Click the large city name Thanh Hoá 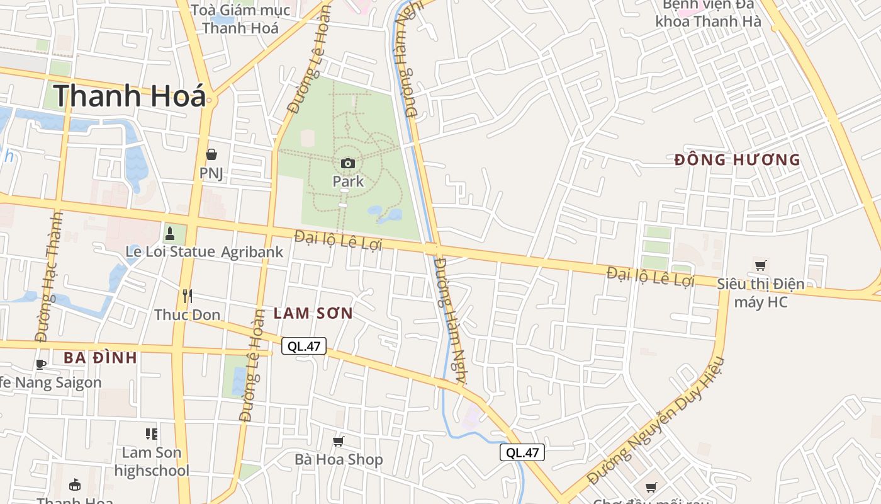130,96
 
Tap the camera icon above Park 348,164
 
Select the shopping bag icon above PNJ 211,154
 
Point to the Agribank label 252,252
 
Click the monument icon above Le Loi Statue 169,234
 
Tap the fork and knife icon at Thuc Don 187,295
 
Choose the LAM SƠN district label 313,313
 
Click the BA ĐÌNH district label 100,358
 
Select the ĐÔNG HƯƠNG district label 737,160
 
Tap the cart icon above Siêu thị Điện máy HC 761,266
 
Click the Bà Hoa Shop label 339,459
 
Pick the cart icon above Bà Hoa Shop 339,441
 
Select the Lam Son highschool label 152,461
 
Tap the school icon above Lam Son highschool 152,433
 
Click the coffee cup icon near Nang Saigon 41,364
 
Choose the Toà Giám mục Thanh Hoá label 240,19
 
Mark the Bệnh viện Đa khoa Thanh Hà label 708,14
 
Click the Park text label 348,181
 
